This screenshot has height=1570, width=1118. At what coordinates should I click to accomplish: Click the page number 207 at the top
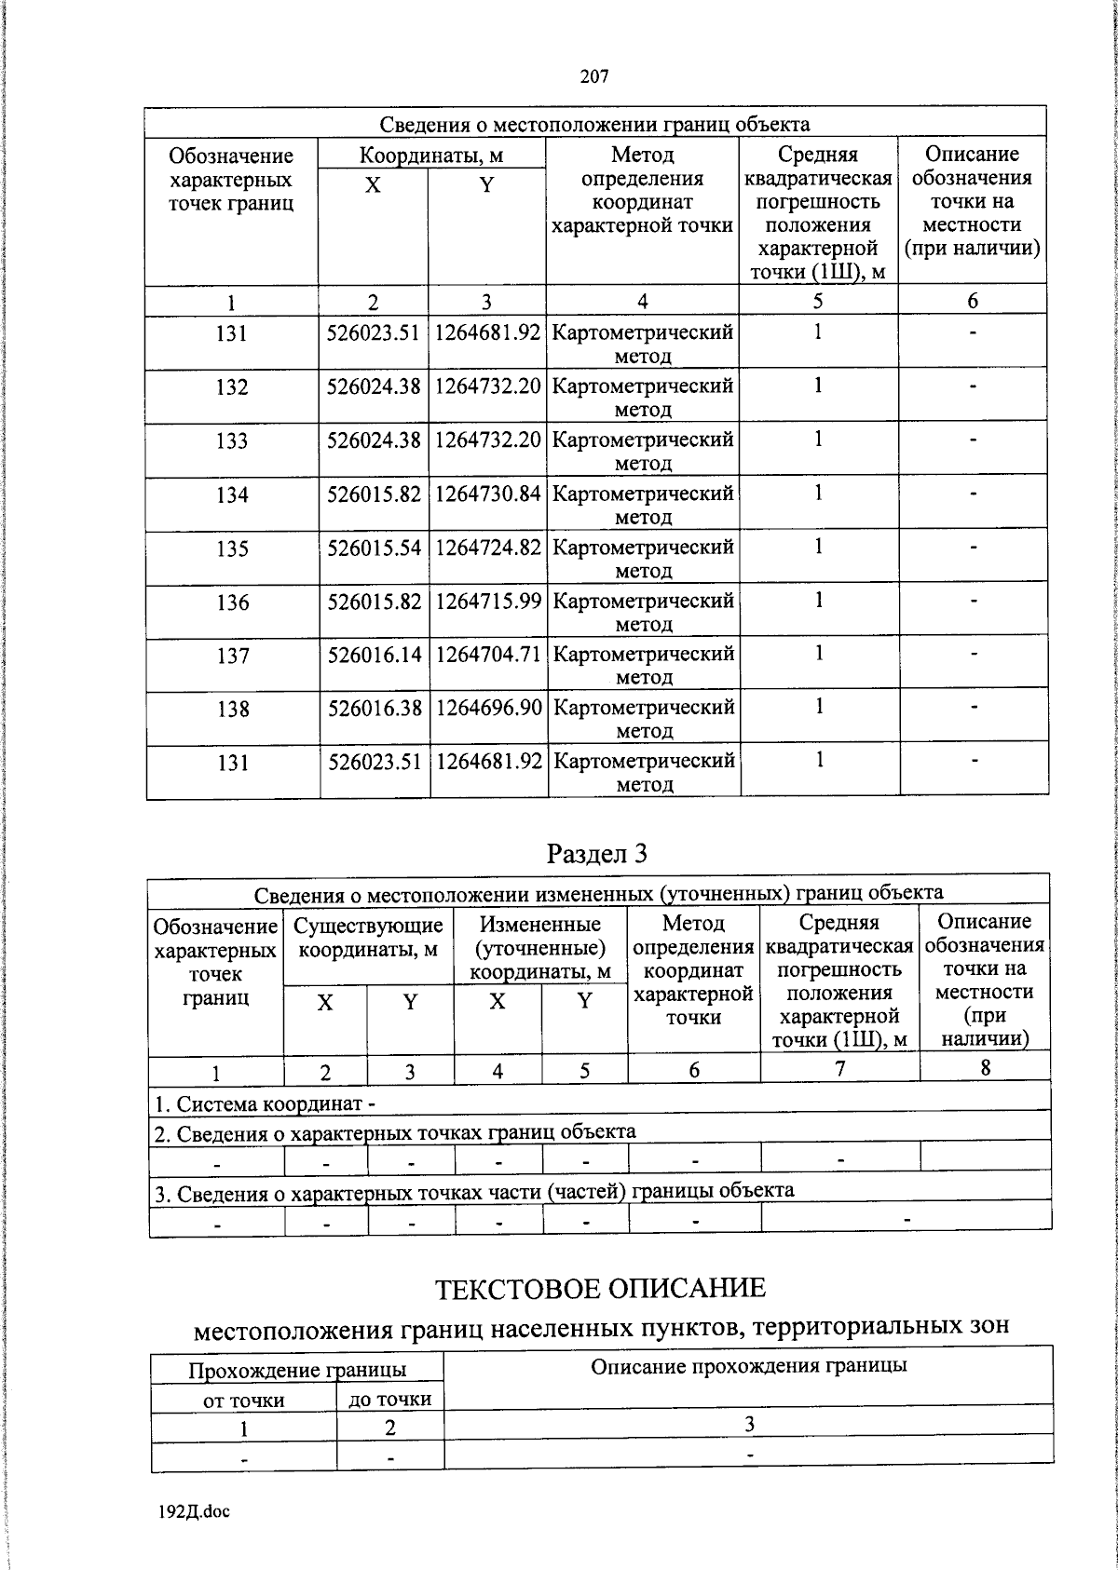593,77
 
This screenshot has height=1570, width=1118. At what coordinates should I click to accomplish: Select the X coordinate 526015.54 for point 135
374,548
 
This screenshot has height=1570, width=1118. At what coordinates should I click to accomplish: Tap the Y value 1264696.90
488,708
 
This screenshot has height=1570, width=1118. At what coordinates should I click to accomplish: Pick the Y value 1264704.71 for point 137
488,655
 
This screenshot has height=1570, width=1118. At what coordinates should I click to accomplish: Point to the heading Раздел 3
596,853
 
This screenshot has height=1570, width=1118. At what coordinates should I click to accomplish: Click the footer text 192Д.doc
194,1511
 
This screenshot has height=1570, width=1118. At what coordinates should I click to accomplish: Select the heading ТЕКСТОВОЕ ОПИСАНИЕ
600,1289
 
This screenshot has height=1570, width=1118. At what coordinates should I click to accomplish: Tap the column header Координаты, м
431,156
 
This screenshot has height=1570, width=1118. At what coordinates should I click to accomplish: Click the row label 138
232,710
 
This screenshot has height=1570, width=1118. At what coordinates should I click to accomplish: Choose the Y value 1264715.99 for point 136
488,602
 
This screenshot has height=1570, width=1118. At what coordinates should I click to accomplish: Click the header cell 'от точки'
243,1400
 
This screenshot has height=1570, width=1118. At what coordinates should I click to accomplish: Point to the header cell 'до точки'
389,1399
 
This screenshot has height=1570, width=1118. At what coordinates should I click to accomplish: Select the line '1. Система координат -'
265,1104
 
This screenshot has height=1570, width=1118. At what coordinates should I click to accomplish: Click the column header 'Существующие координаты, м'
368,938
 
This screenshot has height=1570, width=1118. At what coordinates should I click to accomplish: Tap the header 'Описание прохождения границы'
749,1366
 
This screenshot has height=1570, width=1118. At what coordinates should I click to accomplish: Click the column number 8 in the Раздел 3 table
985,1068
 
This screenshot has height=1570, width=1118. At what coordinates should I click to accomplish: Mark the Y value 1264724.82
488,548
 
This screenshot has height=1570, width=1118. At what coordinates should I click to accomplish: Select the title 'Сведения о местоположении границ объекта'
594,124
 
